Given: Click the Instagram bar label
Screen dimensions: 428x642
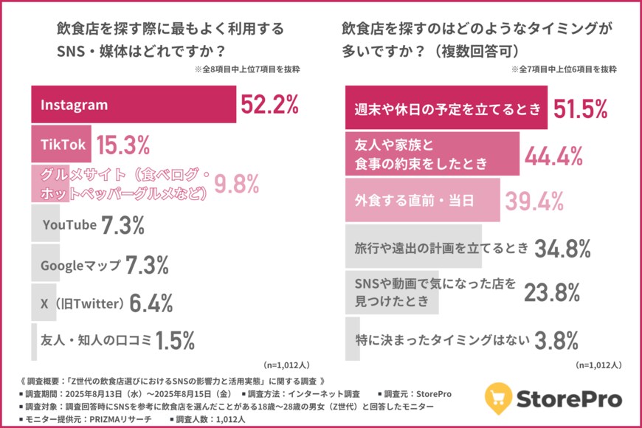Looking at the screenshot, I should click(x=74, y=105).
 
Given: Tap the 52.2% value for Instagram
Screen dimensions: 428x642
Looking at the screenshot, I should click(x=269, y=105).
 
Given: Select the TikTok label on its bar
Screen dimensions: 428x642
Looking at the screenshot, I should click(x=62, y=145).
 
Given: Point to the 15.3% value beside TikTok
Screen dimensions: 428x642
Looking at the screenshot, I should click(x=124, y=145).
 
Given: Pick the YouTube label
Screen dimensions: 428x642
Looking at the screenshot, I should click(x=70, y=224).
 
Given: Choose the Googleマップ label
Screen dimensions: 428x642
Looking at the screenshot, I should click(x=80, y=264).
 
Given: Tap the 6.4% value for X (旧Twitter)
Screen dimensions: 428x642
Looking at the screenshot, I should click(x=151, y=303).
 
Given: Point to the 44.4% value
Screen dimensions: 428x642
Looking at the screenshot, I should click(x=553, y=155).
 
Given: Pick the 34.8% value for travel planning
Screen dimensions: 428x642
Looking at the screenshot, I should click(x=562, y=248).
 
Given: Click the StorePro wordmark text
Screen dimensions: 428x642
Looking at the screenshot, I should click(x=571, y=400).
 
